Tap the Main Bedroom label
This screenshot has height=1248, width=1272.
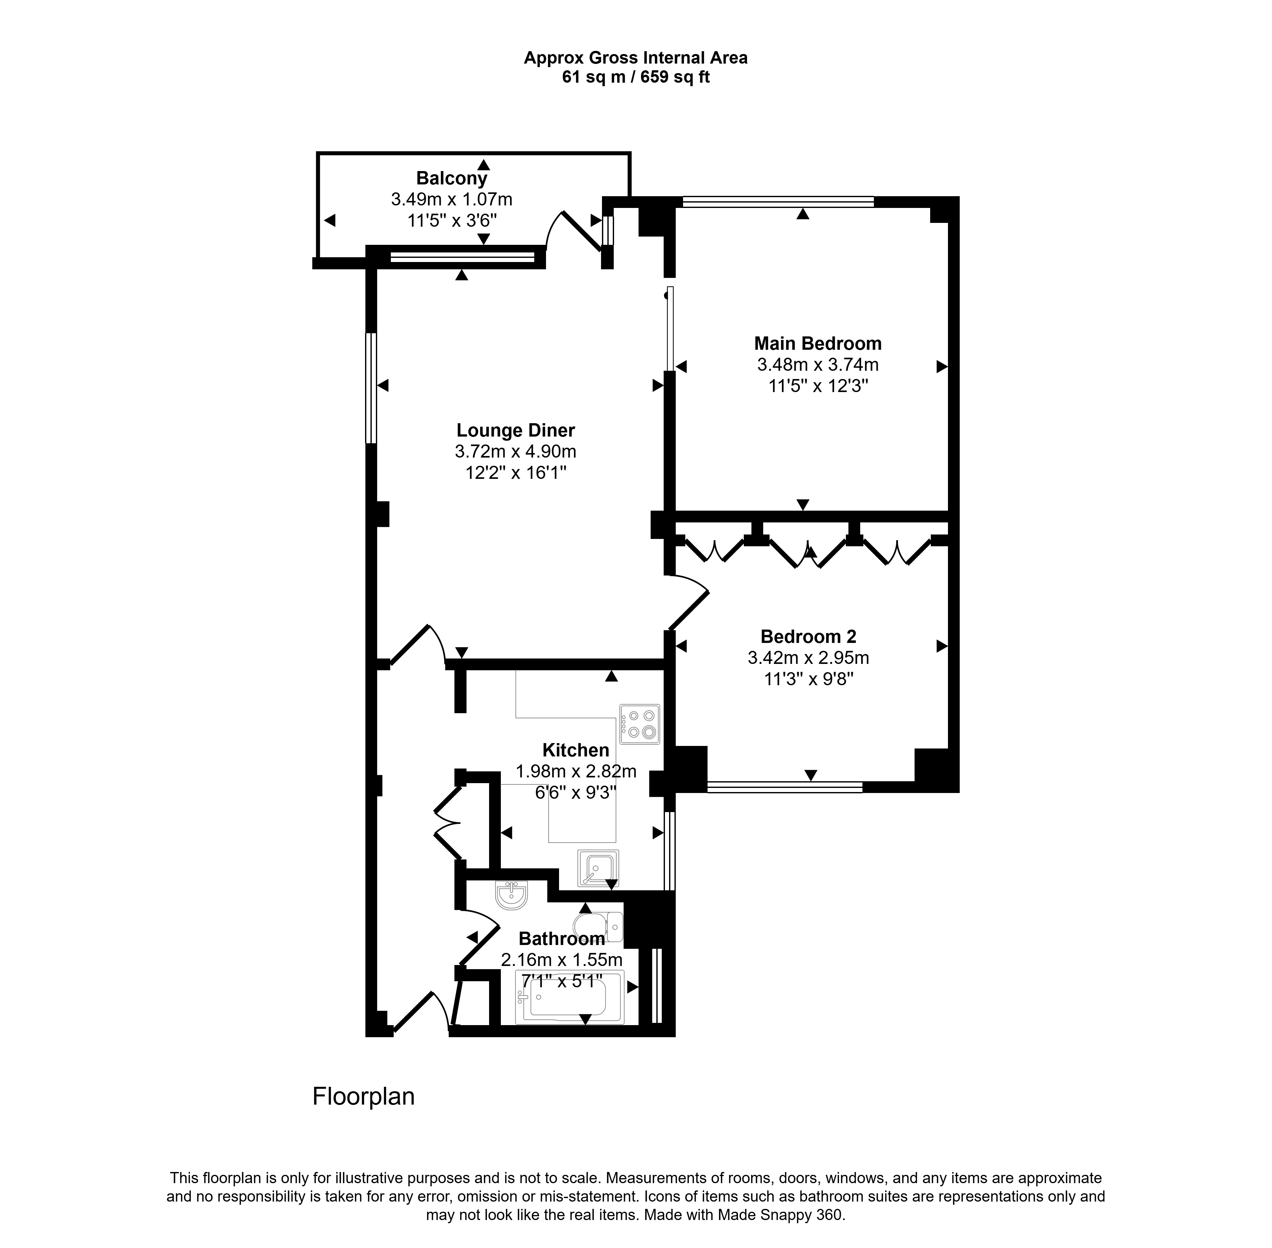[x=818, y=343]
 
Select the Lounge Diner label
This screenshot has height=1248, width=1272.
[x=515, y=431]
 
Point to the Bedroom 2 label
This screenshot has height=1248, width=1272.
[x=808, y=637]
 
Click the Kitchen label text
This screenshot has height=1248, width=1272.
[x=576, y=750]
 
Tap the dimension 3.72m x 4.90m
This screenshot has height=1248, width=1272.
[x=515, y=452]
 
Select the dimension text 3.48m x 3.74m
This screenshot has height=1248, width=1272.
[x=818, y=364]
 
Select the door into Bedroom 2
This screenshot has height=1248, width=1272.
[x=687, y=602]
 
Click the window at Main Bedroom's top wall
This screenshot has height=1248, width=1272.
[x=778, y=202]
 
